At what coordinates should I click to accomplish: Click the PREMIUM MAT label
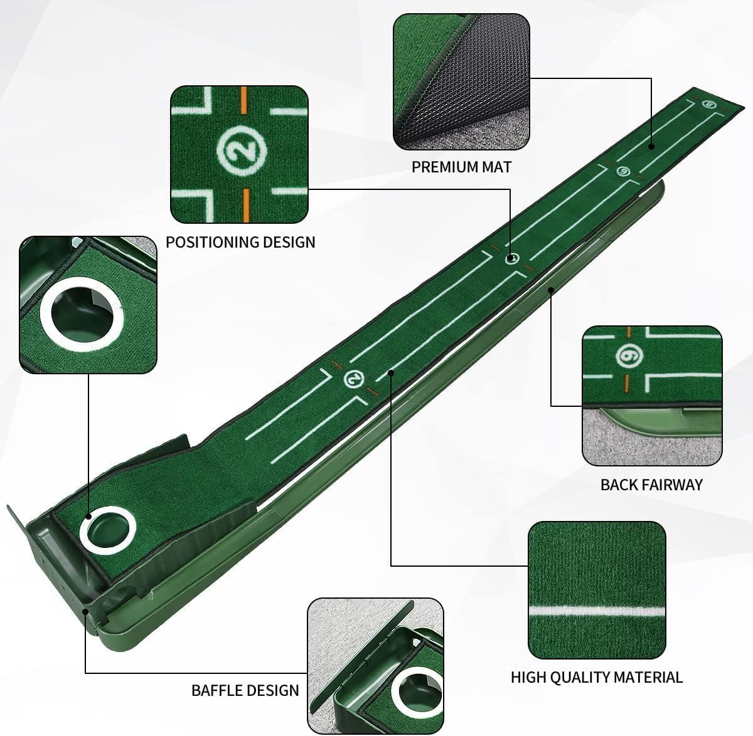(461, 167)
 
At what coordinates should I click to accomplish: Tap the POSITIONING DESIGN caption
(240, 242)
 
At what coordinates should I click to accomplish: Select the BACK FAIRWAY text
(651, 485)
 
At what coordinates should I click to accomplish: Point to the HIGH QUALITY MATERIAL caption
(596, 677)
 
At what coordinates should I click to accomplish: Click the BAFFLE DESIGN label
(245, 690)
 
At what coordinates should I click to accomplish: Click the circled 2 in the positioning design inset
(242, 150)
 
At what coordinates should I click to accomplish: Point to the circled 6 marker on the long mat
(622, 171)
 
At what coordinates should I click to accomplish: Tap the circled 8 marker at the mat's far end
(710, 105)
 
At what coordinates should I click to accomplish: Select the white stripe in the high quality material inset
(596, 609)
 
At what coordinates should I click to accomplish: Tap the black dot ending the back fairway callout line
(550, 289)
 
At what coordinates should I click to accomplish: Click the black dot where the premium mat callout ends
(651, 146)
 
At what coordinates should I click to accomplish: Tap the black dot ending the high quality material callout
(391, 372)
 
